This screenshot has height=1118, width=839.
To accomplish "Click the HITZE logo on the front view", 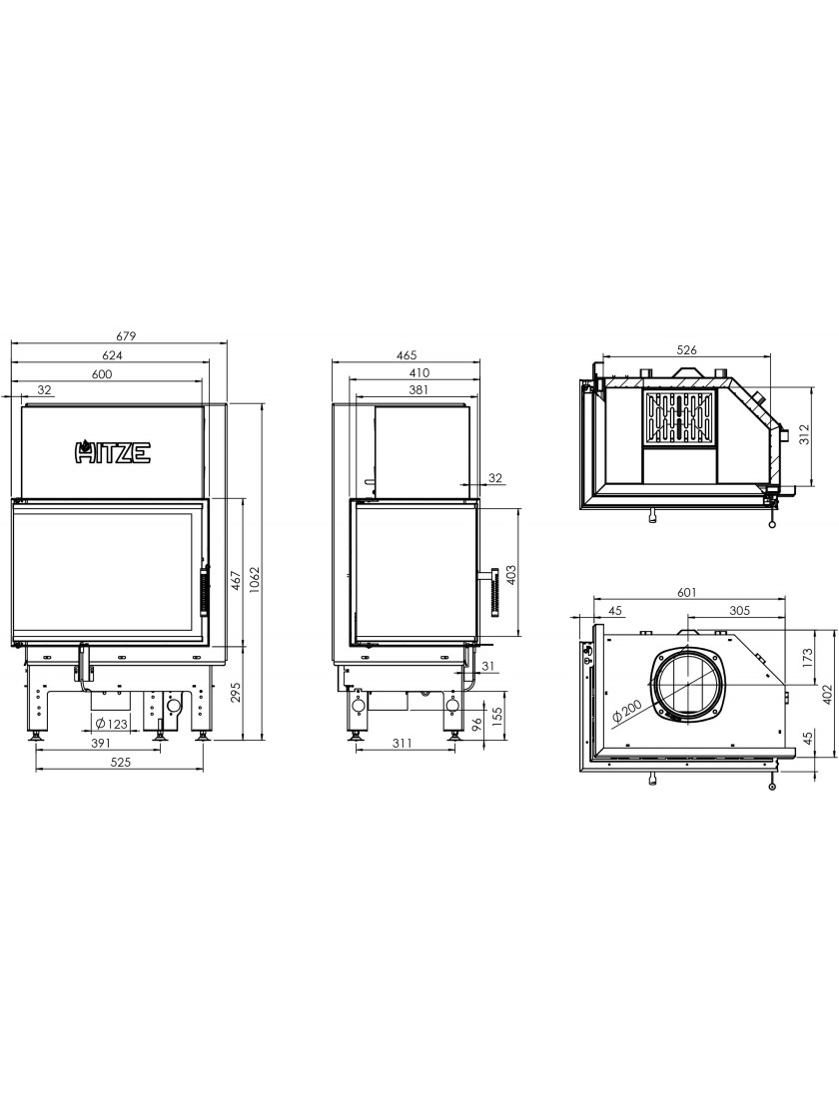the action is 113,452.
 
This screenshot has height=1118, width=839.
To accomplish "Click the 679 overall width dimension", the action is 126,335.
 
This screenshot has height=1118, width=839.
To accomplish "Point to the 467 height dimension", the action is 236,582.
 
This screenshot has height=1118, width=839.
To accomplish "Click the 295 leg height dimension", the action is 236,694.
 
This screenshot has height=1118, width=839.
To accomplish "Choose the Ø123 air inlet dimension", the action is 111,724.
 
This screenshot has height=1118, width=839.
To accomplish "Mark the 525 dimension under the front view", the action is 121,762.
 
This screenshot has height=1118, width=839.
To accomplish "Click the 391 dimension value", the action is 101,743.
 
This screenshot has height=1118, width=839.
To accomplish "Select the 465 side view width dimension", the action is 406,354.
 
